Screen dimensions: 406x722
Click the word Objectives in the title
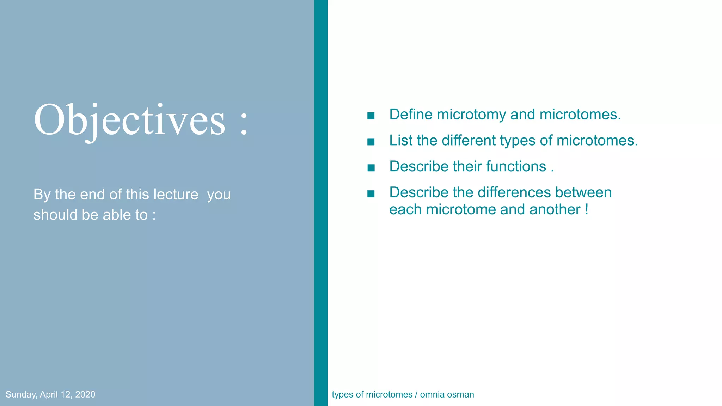click(129, 120)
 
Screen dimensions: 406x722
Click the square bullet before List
click(371, 142)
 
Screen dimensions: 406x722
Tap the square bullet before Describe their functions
click(371, 168)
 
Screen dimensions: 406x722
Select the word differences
click(514, 192)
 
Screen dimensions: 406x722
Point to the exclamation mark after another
click(587, 209)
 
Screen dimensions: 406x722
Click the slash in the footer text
click(416, 394)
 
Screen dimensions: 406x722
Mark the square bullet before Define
click(371, 116)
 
